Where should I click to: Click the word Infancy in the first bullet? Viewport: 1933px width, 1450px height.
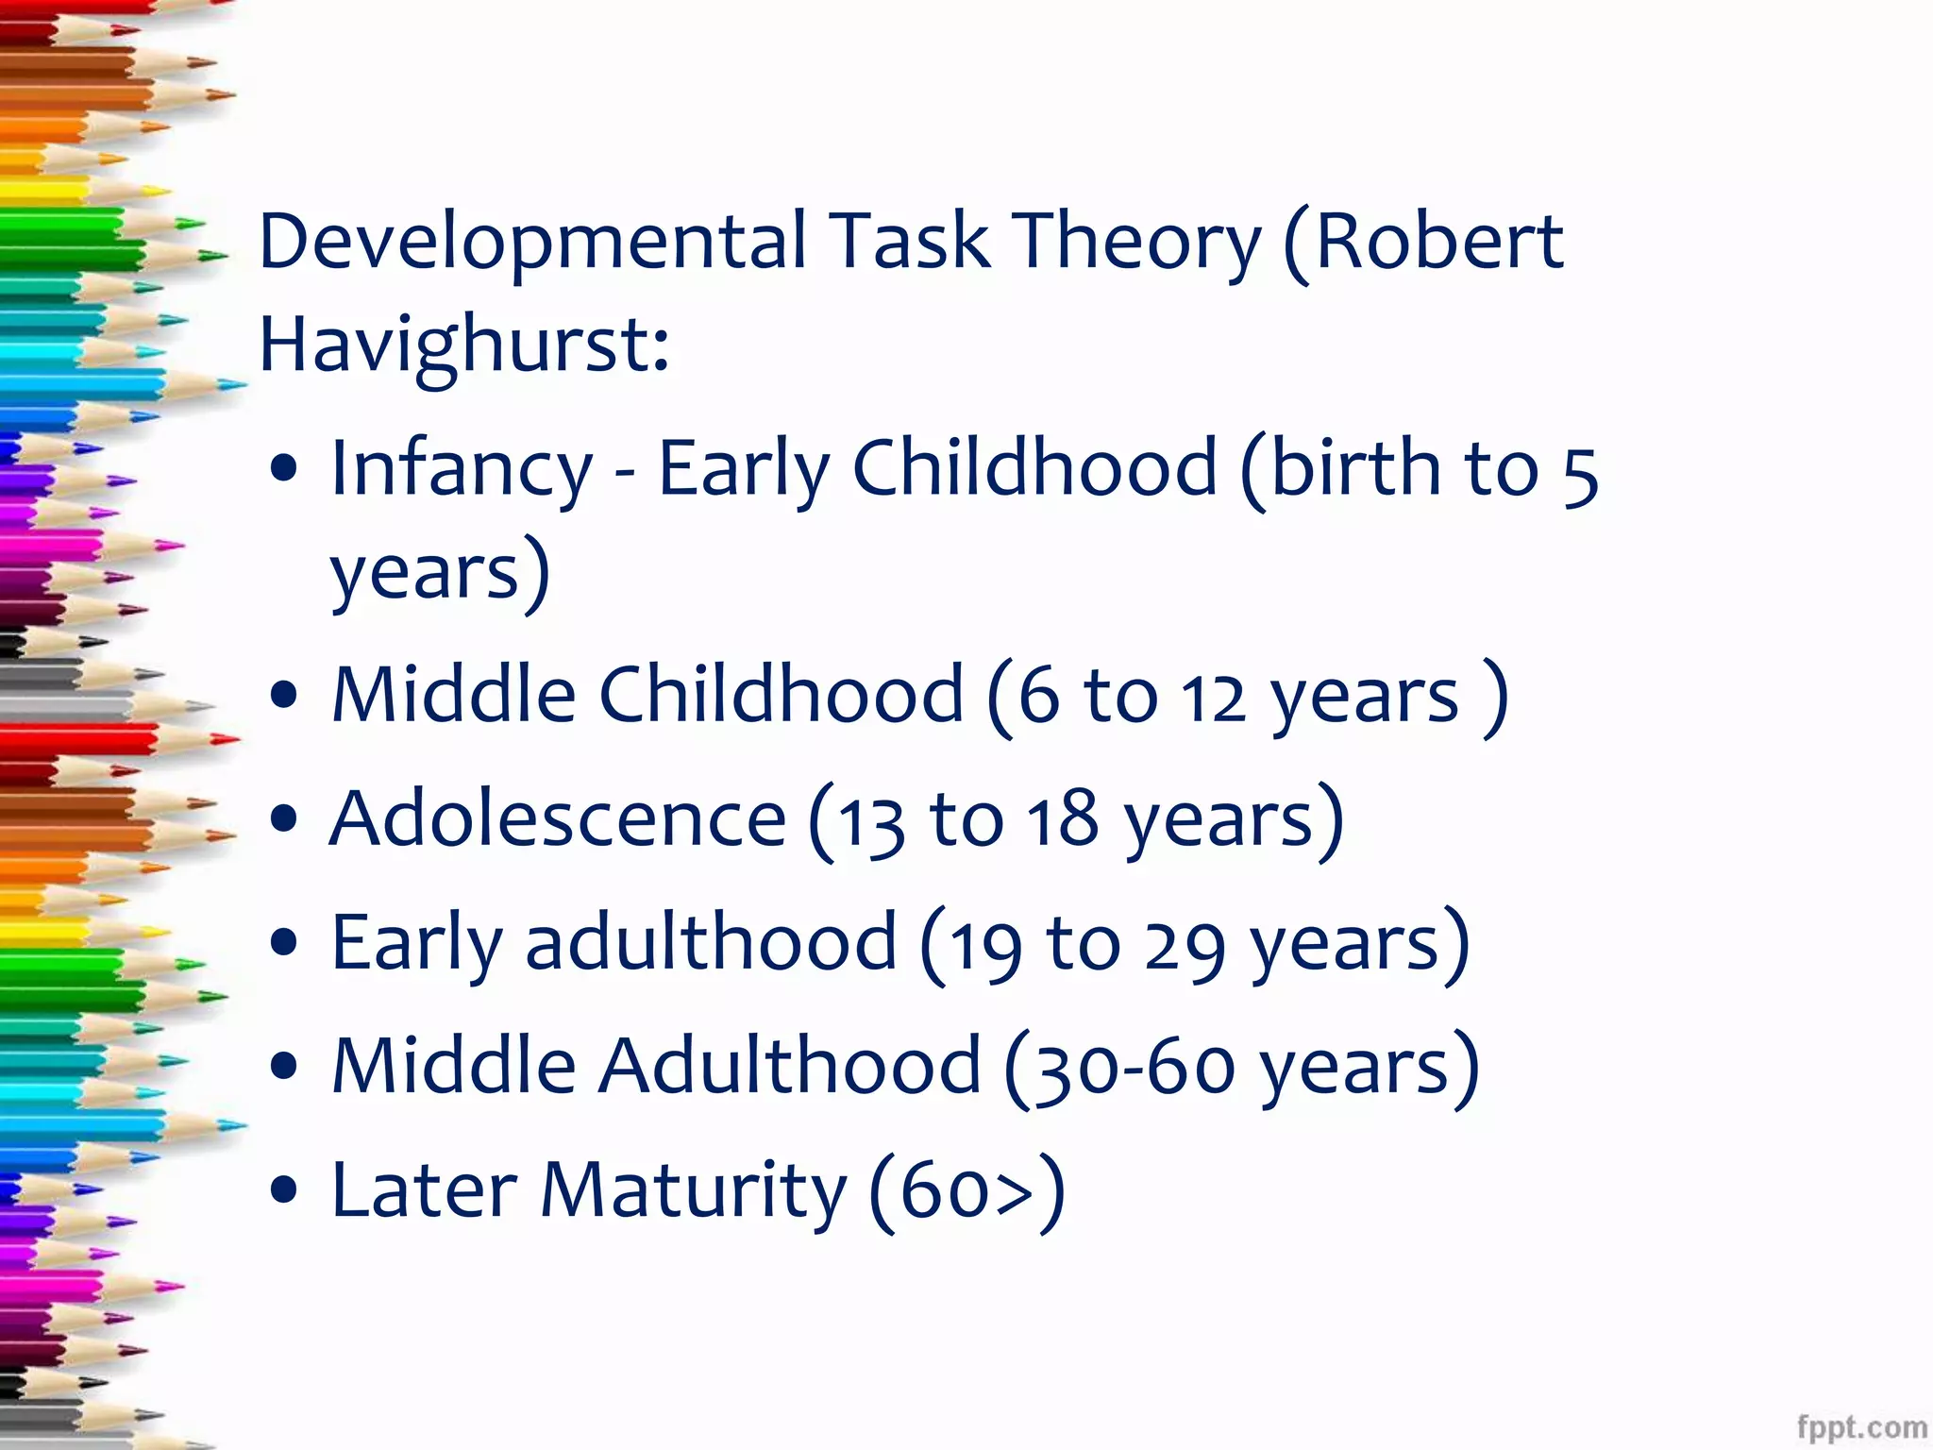pyautogui.click(x=461, y=469)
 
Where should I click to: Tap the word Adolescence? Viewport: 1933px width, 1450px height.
pyautogui.click(x=557, y=818)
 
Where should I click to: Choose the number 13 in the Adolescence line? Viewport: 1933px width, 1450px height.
pyautogui.click(x=871, y=823)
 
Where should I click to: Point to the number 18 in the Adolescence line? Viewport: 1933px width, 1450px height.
pyautogui.click(x=1063, y=819)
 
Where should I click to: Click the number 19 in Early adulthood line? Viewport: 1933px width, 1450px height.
pyautogui.click(x=985, y=946)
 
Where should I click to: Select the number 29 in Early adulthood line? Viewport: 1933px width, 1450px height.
pyautogui.click(x=1185, y=946)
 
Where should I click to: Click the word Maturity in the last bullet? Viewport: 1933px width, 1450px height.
pyautogui.click(x=693, y=1190)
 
